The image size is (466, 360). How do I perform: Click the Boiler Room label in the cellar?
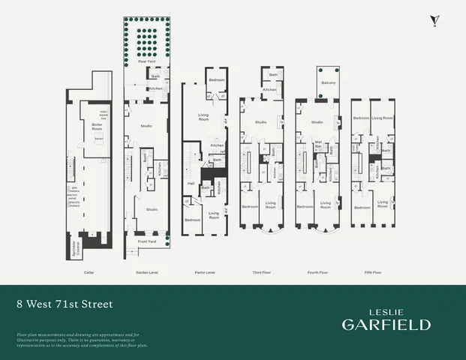click(97, 125)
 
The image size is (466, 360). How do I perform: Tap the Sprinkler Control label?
click(73, 248)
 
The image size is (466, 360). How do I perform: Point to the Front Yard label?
click(146, 241)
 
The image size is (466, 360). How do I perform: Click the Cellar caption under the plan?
click(89, 272)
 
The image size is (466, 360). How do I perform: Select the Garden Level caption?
click(145, 272)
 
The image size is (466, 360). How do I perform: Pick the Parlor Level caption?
click(206, 272)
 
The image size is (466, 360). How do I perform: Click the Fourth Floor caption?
click(318, 272)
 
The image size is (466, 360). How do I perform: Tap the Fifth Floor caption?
click(372, 272)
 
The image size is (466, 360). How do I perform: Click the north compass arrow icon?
click(433, 20)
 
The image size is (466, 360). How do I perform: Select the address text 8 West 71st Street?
click(64, 304)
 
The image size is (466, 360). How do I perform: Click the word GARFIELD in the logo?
click(386, 324)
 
